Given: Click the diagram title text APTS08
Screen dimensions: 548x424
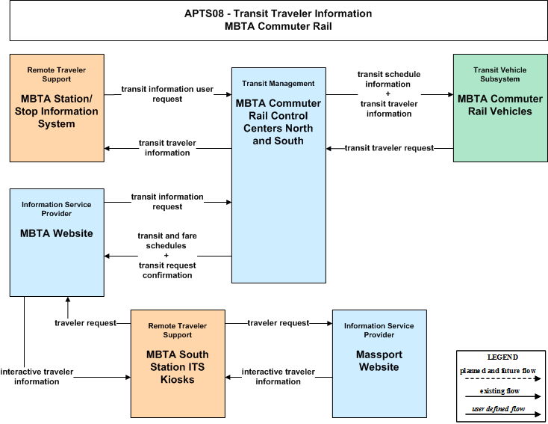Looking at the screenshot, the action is tap(204, 13).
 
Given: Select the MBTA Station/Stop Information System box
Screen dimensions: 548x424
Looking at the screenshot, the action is tap(57, 108).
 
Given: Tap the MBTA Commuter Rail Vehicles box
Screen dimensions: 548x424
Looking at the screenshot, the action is tap(500, 108).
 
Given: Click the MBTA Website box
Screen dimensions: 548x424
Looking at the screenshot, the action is tap(57, 242).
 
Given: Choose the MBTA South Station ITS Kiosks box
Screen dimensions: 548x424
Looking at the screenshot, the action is tap(178, 363).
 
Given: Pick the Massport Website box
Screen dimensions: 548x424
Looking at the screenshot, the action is tap(379, 363).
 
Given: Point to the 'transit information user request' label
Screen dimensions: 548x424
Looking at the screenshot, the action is tap(167, 93).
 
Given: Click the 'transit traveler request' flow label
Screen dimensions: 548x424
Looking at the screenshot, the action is tap(389, 148).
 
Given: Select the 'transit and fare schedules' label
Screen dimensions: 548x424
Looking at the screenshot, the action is tap(167, 241).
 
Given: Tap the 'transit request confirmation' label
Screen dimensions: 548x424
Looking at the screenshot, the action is tap(167, 270).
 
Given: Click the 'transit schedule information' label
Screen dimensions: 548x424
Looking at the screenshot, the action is tap(389, 79).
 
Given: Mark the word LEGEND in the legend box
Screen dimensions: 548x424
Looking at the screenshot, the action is tap(502, 357).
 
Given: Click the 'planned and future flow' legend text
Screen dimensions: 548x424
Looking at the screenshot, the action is tap(498, 370).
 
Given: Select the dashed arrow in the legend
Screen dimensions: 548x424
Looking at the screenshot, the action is tap(503, 378).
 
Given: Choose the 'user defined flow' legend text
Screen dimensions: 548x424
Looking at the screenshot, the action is tap(499, 408).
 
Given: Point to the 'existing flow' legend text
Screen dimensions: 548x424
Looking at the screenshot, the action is tap(499, 391).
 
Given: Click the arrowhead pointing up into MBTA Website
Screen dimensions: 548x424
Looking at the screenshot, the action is tap(67, 300).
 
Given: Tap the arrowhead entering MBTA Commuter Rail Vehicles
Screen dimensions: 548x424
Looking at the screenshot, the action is tap(450, 94).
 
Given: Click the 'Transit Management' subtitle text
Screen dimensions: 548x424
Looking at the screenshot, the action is tap(278, 83).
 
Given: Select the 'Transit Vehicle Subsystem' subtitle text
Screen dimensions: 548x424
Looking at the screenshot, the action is tap(500, 74).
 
